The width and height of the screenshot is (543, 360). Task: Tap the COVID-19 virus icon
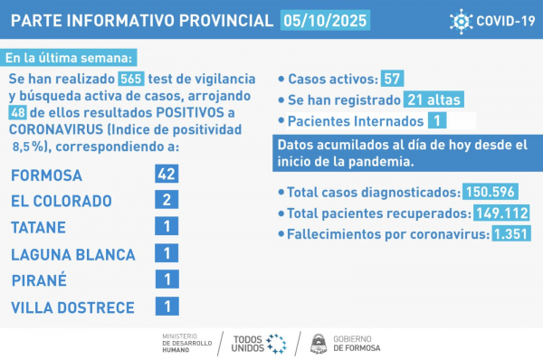point(462,20)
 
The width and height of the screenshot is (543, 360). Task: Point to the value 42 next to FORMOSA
point(166,175)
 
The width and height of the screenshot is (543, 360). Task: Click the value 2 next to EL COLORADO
point(166,201)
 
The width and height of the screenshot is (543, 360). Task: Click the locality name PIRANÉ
point(39,279)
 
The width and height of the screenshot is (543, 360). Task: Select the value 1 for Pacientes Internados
point(437,120)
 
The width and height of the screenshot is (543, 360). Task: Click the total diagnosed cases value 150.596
point(494,192)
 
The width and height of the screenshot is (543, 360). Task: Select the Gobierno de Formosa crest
point(319,343)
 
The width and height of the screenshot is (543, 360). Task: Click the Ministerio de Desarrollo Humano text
point(186,343)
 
